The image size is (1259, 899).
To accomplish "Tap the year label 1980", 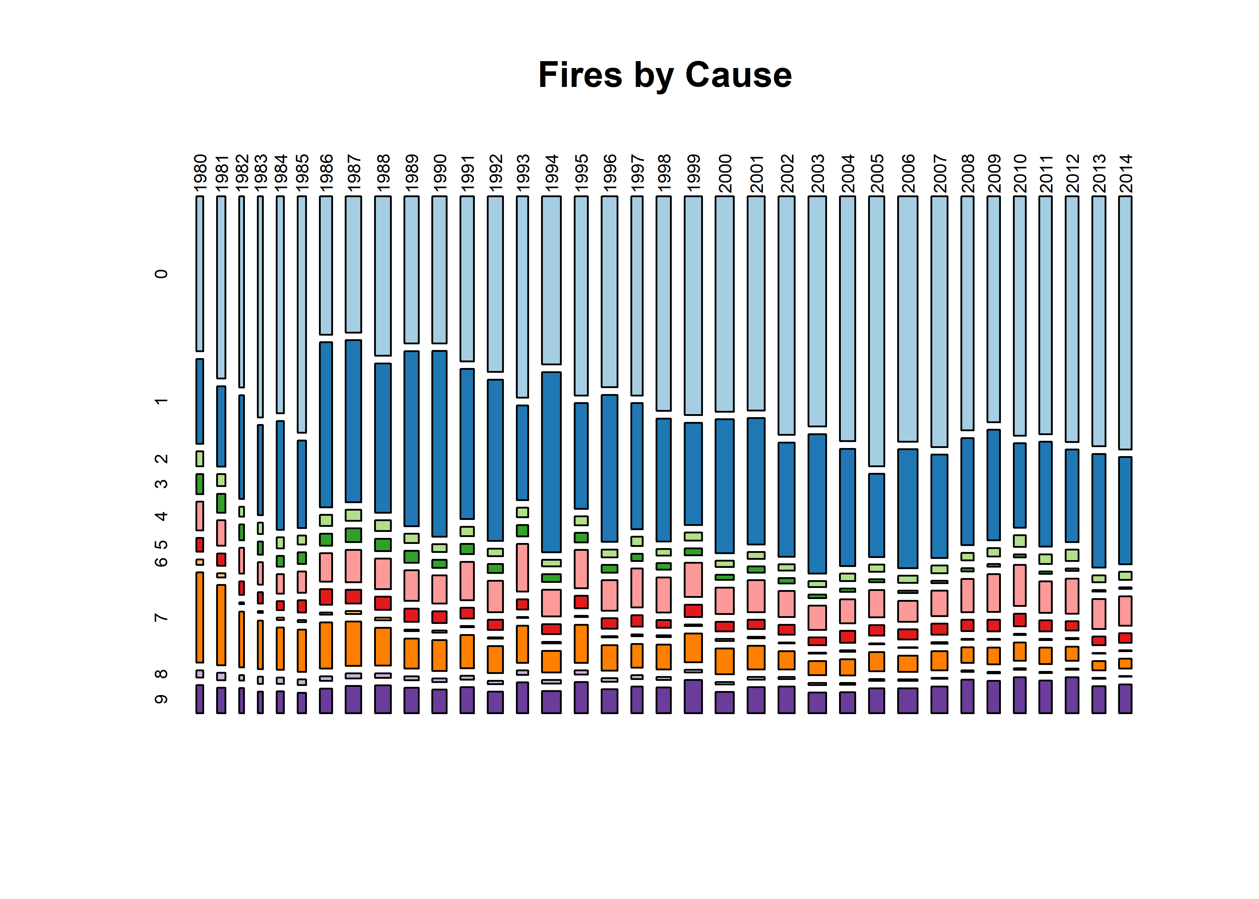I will coord(200,173).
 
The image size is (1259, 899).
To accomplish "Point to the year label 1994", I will coord(552,173).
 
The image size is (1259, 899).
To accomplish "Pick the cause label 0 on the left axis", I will coord(161,274).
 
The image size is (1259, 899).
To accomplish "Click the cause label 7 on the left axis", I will coord(161,617).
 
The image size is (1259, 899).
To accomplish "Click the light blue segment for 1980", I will coord(200,274).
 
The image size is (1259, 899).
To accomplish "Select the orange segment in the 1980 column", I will coord(200,617).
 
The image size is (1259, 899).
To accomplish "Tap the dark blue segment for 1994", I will coord(552,462).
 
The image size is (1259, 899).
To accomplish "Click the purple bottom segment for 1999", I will coord(693,696).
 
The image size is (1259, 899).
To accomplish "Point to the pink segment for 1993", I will coord(523,567).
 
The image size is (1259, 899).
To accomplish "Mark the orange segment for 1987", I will coord(353,643).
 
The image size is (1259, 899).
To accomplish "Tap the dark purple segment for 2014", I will coord(1125,699).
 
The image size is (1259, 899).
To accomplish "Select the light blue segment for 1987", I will coord(353,264).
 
